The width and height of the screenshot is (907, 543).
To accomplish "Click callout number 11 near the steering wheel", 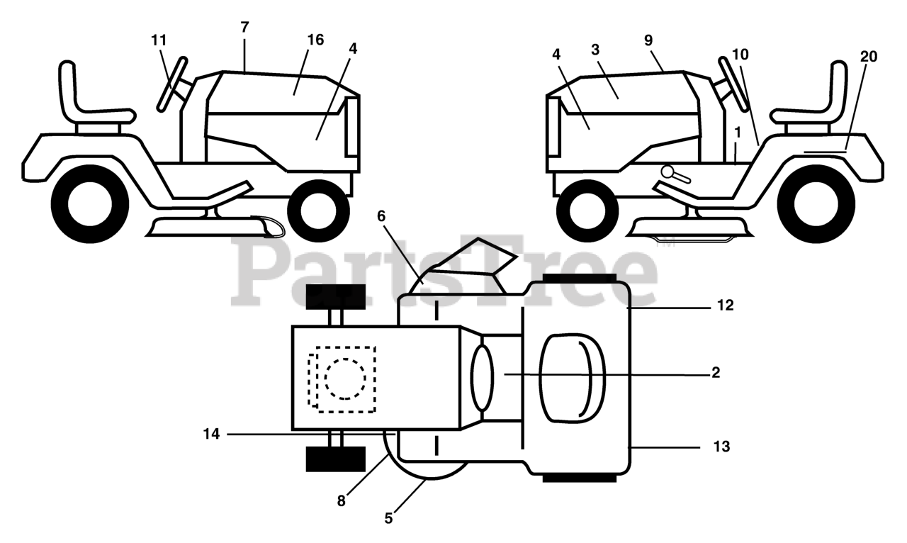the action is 159,40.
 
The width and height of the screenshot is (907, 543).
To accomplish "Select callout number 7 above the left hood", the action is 244,28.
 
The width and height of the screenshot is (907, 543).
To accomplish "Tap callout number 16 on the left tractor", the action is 315,40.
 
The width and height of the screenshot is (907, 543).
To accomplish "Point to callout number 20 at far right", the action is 868,57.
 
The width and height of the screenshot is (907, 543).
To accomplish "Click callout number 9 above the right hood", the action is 648,40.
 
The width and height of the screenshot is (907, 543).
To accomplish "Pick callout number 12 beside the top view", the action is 725,306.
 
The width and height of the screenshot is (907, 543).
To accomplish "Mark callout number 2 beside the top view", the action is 716,372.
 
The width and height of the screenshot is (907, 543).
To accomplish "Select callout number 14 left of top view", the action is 212,433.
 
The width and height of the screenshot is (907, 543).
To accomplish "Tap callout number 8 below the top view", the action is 342,500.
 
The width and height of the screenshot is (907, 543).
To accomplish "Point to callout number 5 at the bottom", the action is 388,518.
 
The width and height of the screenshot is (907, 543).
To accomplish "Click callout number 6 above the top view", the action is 381,216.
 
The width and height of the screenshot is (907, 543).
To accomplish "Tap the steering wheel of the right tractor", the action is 733,84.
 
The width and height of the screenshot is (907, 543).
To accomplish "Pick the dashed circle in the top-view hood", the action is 346,378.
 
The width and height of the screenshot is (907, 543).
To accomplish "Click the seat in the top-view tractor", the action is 572,375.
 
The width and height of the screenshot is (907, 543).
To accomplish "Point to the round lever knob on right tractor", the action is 667,171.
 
